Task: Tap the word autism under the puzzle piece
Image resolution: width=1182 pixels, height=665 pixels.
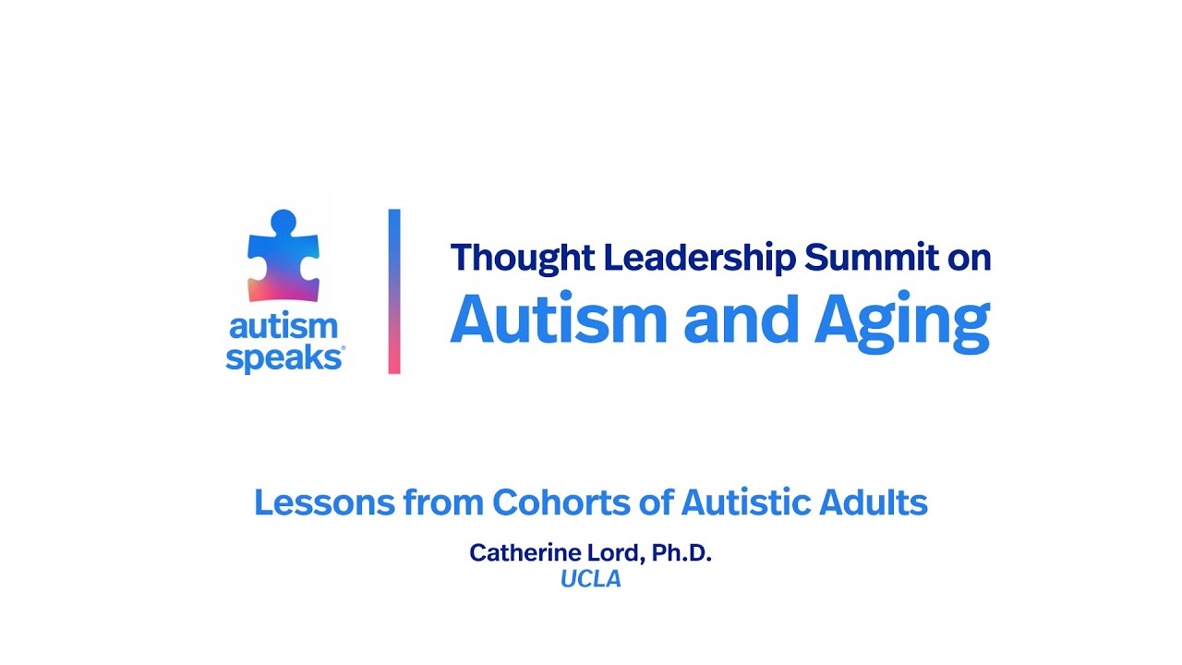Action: pyautogui.click(x=283, y=326)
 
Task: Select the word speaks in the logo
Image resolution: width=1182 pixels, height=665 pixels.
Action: pyautogui.click(x=282, y=358)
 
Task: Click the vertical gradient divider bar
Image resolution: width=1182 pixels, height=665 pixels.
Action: pyautogui.click(x=394, y=291)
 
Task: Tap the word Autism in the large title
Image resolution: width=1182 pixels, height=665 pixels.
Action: pyautogui.click(x=561, y=320)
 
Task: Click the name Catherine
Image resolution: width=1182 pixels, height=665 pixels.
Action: pyautogui.click(x=519, y=553)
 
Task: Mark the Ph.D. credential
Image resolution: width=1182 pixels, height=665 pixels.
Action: pyautogui.click(x=681, y=553)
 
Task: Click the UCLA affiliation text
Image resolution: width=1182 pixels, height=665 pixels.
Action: pyautogui.click(x=590, y=580)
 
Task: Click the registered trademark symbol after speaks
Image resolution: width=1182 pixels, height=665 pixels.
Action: pyautogui.click(x=343, y=349)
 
